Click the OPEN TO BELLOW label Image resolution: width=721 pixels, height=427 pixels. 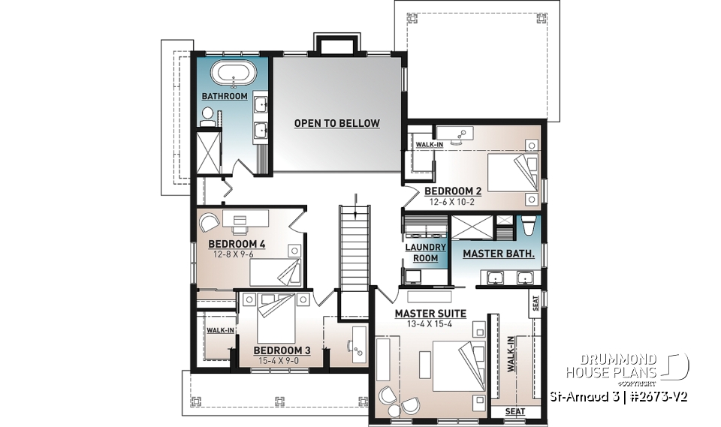336,123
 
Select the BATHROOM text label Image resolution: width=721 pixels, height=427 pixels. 224,96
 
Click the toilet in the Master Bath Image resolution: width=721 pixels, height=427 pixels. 528,226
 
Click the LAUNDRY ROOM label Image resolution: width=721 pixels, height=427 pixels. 425,253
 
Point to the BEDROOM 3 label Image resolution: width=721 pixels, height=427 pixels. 282,350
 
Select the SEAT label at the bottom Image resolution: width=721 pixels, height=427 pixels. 514,412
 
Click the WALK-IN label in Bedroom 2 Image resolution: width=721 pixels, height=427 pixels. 429,144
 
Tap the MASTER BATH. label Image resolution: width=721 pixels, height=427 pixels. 498,254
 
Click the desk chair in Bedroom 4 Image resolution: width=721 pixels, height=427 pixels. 210,221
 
